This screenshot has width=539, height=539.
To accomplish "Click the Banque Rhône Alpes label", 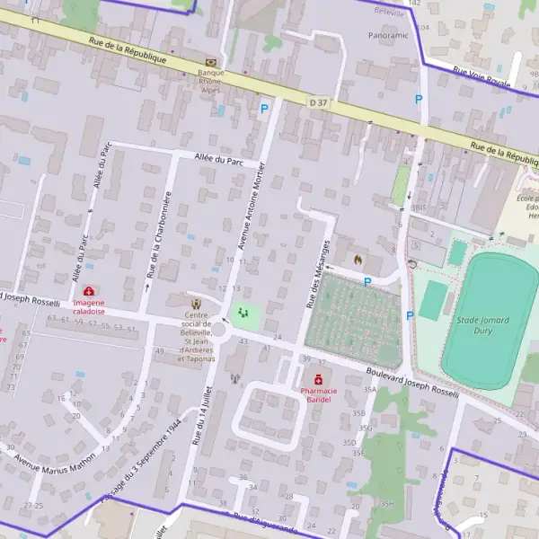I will point(210,80).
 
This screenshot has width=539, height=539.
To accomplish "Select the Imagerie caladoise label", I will point(90,307).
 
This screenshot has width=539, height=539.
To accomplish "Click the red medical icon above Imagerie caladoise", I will point(89,291).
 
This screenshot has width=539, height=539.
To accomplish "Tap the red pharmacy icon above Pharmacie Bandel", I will point(318,379).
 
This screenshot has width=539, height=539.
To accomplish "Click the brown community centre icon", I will point(198,303).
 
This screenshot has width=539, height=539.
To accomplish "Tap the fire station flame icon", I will point(358,260).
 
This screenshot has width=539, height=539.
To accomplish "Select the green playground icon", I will point(243,313).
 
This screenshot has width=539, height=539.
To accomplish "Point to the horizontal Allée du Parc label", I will point(219,159).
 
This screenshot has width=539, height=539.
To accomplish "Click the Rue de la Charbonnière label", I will point(158,234).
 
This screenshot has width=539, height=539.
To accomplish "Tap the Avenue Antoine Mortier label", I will point(252,206).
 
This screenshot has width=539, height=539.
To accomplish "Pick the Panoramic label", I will point(388,35).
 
